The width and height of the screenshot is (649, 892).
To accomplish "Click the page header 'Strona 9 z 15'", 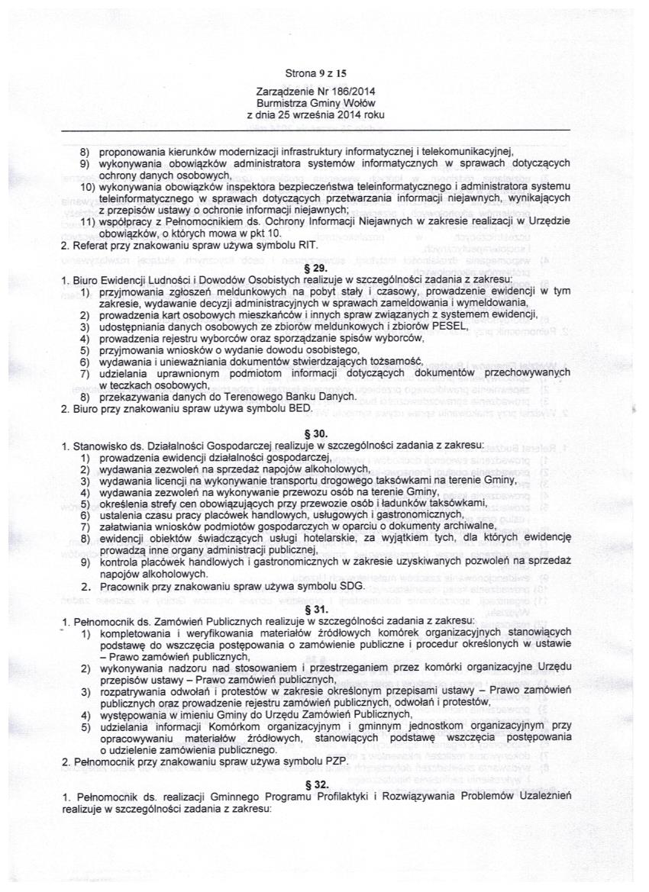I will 315,74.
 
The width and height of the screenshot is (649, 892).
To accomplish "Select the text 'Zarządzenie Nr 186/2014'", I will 315,91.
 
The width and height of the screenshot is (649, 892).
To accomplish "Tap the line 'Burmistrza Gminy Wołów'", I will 315,102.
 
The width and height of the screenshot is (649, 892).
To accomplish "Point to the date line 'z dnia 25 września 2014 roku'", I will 315,114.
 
